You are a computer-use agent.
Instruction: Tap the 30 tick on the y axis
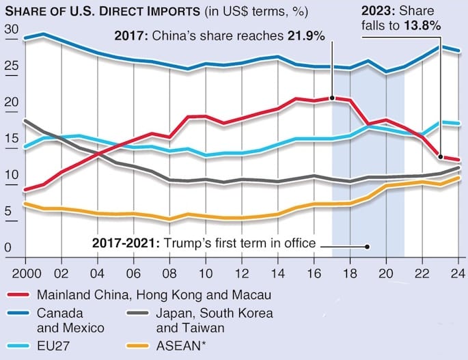(10, 29)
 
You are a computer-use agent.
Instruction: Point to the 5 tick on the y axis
(10, 212)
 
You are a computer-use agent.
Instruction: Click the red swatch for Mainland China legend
(20, 295)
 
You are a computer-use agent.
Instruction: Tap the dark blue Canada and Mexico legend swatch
(20, 314)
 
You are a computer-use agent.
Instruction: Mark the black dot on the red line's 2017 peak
(332, 98)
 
